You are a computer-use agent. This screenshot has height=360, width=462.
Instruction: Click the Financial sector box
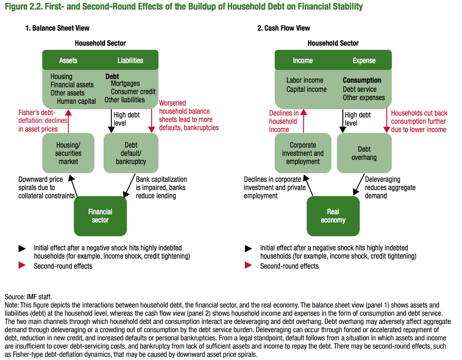click(x=100, y=216)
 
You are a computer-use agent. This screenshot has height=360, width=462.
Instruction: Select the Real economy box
click(x=333, y=216)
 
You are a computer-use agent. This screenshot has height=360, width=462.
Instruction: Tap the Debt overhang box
click(x=364, y=153)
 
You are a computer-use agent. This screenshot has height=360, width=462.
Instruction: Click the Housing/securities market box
click(x=69, y=153)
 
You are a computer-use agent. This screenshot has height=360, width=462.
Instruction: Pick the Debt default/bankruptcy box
click(x=131, y=153)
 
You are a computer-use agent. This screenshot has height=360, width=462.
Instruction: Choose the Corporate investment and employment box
click(x=303, y=153)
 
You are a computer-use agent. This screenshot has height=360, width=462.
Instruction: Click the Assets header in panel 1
click(x=68, y=60)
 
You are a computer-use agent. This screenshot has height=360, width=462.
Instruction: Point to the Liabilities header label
click(x=130, y=60)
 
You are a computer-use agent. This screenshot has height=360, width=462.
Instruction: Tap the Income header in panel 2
click(x=303, y=60)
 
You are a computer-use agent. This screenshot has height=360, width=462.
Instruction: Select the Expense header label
click(x=364, y=60)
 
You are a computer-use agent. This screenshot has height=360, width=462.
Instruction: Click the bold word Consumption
click(x=362, y=80)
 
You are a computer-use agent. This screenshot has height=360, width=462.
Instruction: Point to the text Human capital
click(x=77, y=101)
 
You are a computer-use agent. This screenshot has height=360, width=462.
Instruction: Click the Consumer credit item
click(x=133, y=91)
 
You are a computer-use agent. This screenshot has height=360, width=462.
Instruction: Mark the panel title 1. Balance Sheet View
click(x=57, y=28)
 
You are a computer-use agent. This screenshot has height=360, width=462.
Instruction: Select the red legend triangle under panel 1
click(x=22, y=265)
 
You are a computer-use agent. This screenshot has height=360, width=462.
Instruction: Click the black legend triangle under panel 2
click(x=249, y=249)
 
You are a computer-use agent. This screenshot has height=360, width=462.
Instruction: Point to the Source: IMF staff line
click(x=28, y=296)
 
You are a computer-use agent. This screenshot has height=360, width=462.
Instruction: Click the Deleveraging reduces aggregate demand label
click(x=390, y=187)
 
